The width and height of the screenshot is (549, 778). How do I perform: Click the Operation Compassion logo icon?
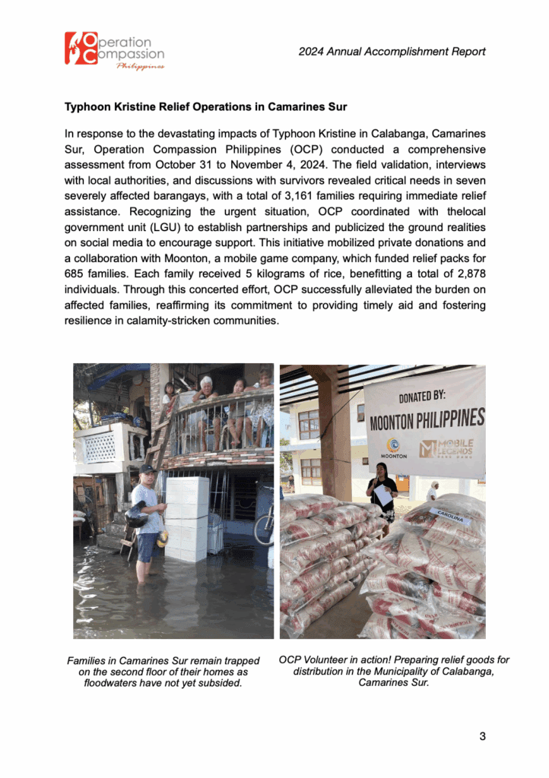click(81, 48)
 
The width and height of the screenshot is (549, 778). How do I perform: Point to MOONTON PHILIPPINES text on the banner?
click(427, 419)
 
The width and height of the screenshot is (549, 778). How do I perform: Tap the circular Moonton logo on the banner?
click(394, 446)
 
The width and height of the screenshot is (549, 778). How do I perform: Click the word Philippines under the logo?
click(140, 67)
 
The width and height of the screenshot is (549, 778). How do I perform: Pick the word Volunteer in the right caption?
click(329, 660)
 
